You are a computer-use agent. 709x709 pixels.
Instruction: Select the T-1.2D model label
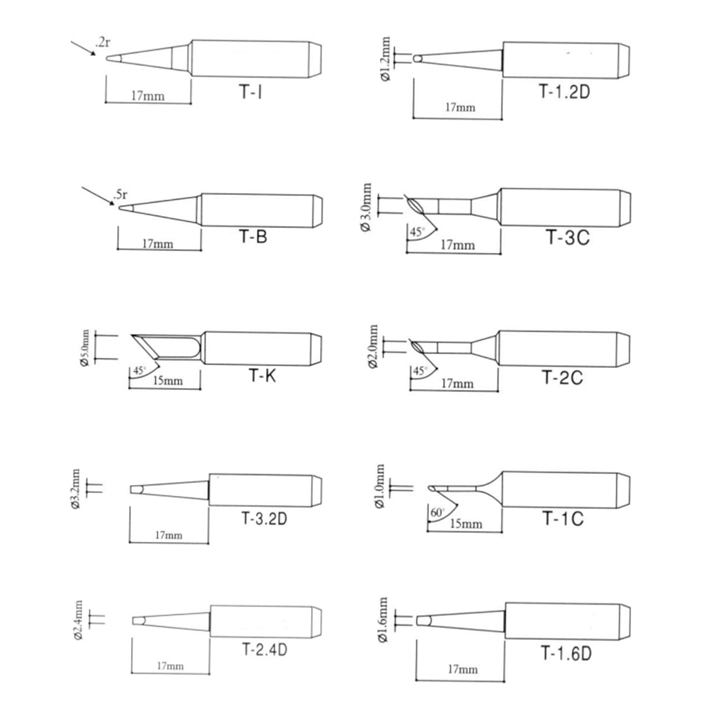(x=565, y=91)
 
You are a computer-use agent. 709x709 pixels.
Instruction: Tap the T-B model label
(x=253, y=236)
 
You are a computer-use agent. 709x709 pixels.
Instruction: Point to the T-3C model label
(x=568, y=237)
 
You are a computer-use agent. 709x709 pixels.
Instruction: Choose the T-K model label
(x=263, y=375)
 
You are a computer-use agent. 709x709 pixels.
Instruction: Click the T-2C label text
(x=563, y=377)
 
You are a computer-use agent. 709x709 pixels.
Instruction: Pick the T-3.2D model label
(x=265, y=518)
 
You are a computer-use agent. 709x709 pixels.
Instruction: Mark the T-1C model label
(x=563, y=518)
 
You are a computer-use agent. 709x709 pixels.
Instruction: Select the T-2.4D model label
(x=265, y=649)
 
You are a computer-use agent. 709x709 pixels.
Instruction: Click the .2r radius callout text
(x=102, y=43)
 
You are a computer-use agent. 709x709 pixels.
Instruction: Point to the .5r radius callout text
(x=121, y=194)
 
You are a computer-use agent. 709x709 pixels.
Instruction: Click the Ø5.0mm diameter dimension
(x=84, y=347)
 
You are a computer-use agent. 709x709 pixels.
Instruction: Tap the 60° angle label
(x=437, y=512)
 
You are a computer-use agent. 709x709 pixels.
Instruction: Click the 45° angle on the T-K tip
(x=139, y=370)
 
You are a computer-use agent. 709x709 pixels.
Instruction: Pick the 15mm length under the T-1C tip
(x=466, y=523)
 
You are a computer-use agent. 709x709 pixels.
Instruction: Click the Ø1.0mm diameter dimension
(x=380, y=486)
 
